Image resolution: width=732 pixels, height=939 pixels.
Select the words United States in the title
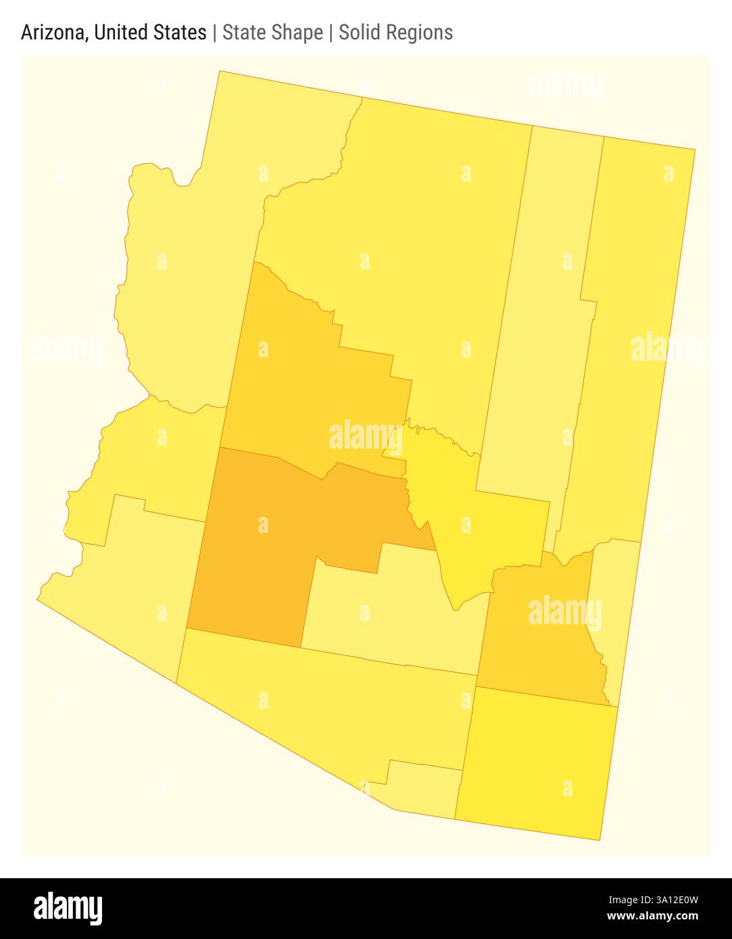pyautogui.click(x=150, y=32)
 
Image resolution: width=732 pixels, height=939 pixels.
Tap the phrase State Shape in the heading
pyautogui.click(x=272, y=32)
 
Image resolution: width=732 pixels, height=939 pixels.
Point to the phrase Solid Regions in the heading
pyautogui.click(x=395, y=32)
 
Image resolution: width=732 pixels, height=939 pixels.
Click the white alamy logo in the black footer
pyautogui.click(x=68, y=908)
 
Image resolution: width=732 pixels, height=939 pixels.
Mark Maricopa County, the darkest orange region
pyautogui.click(x=257, y=540)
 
